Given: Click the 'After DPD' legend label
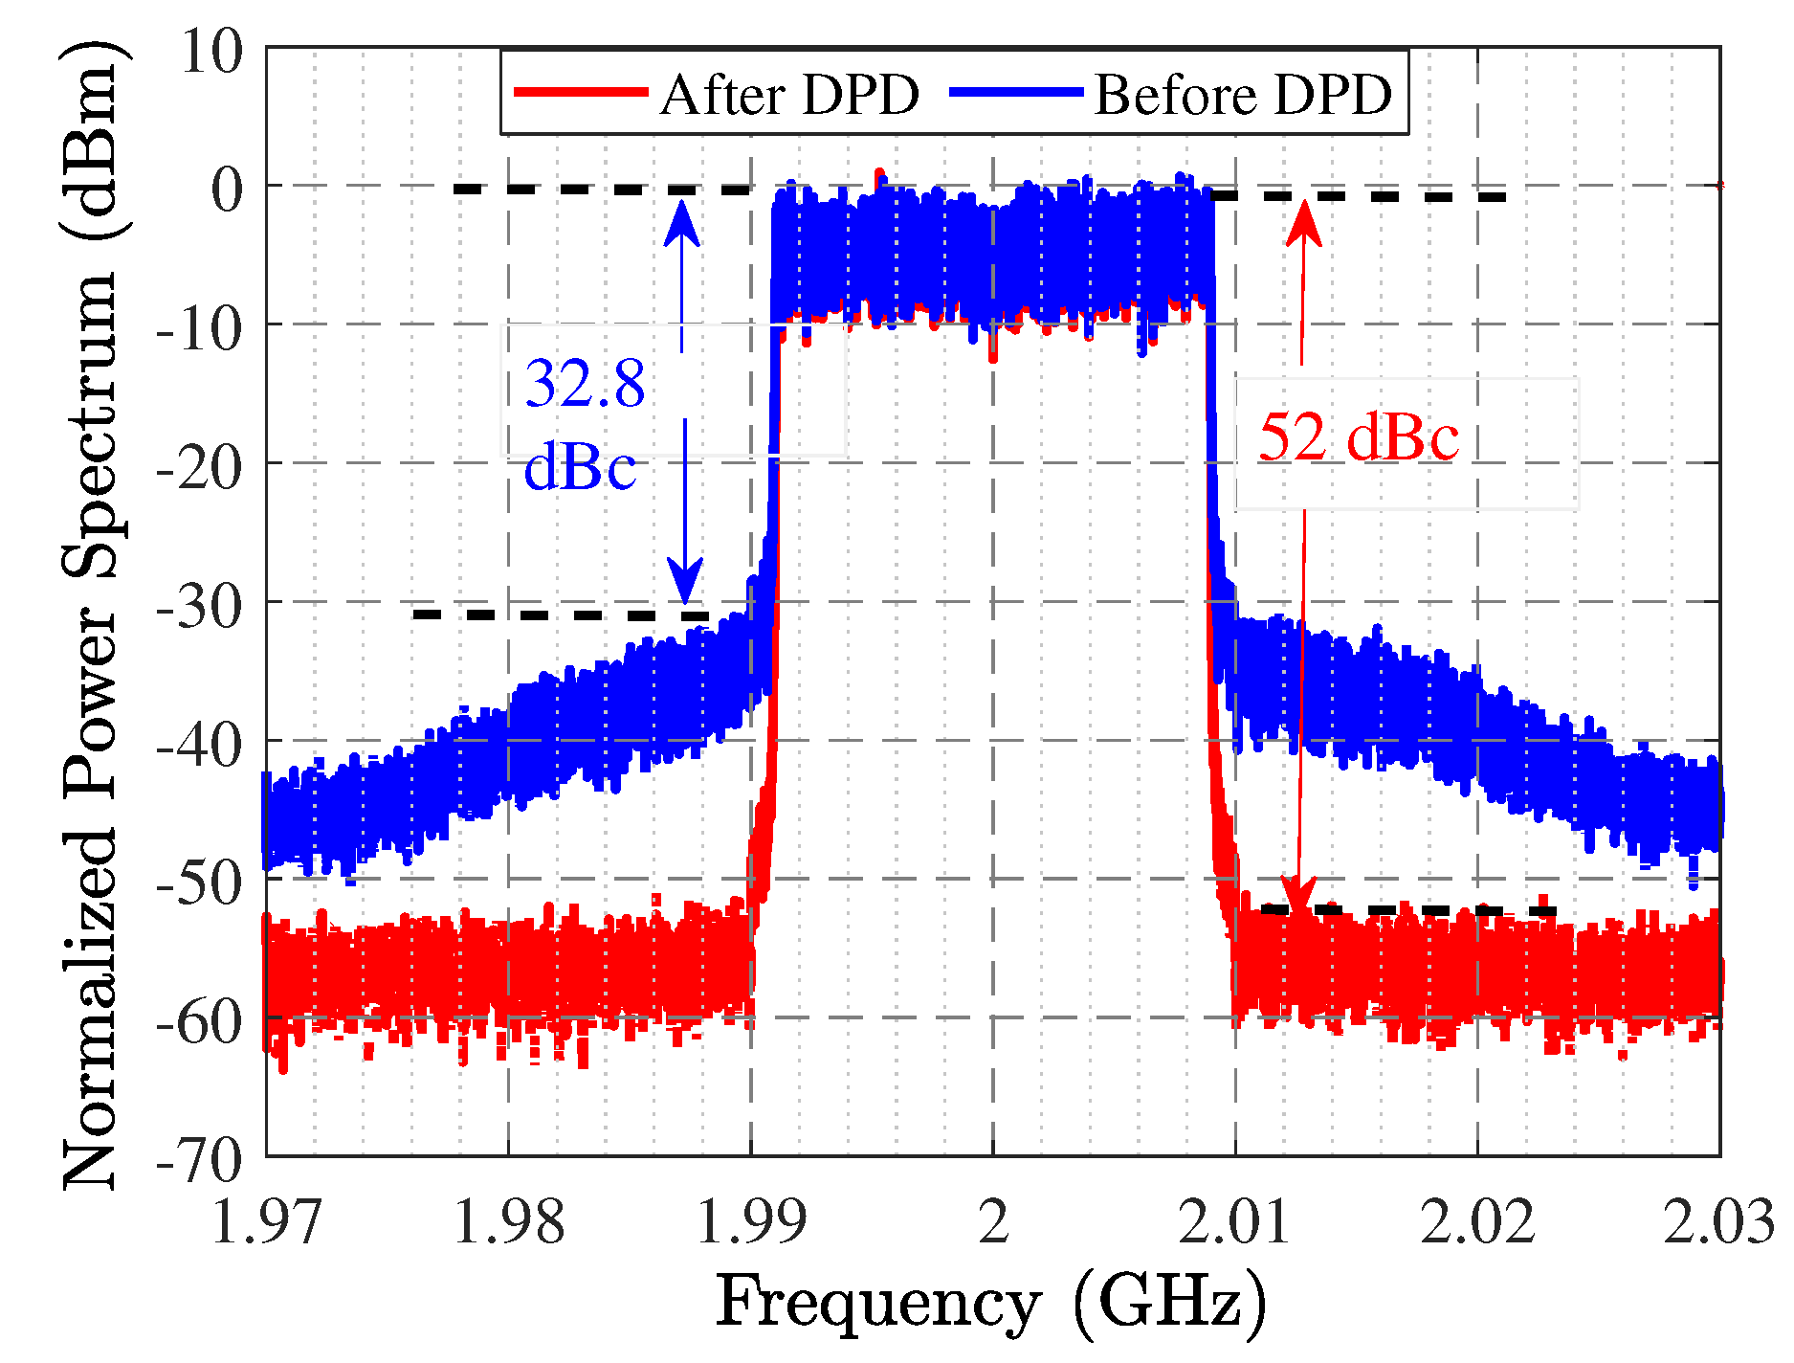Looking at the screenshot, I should (789, 95).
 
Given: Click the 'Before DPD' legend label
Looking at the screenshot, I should (1242, 95).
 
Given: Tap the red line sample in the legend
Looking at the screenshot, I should (581, 92).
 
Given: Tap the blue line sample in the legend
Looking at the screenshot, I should (1016, 92).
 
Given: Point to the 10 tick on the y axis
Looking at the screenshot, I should (212, 51).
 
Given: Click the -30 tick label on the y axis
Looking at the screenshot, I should (200, 606).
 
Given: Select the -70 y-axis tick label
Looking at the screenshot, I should (200, 1160).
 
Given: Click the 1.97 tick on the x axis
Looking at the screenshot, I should (266, 1222).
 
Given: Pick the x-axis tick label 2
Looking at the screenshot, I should (994, 1222).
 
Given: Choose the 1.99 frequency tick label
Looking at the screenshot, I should (751, 1222).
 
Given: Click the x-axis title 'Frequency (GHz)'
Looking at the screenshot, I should (991, 1304).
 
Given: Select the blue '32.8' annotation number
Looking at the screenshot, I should (585, 384).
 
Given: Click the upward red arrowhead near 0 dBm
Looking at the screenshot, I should (1303, 223).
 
